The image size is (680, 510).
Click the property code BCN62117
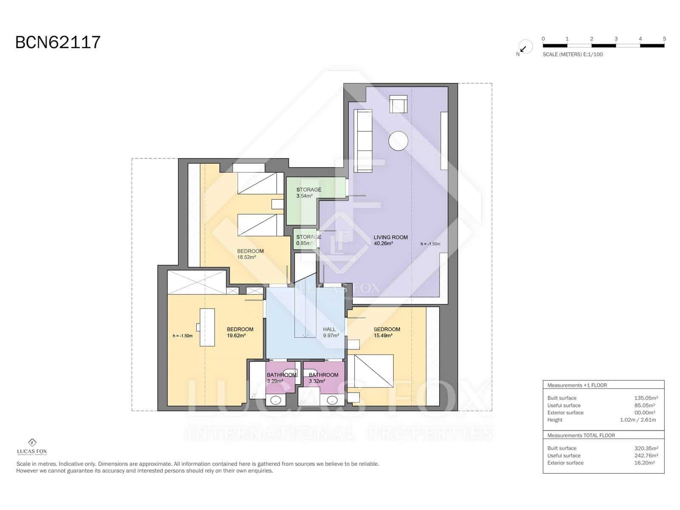58,42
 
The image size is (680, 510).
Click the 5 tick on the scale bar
664,39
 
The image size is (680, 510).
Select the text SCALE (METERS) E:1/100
572,54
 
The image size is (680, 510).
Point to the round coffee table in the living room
398,141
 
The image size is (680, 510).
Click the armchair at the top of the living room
398,104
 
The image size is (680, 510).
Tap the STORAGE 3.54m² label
309,193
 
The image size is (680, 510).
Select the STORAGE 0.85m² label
308,240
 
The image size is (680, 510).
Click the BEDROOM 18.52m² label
250,254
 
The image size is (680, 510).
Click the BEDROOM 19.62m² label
240,332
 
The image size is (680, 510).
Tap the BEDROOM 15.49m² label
386,332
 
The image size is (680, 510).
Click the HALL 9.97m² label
330,332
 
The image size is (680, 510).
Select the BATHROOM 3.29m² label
280,378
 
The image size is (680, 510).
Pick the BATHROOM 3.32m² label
323,378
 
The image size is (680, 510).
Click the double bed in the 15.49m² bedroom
371,371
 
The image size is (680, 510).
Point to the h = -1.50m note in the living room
430,244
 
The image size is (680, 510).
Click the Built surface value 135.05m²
646,398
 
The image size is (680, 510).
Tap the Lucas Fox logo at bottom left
32,446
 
